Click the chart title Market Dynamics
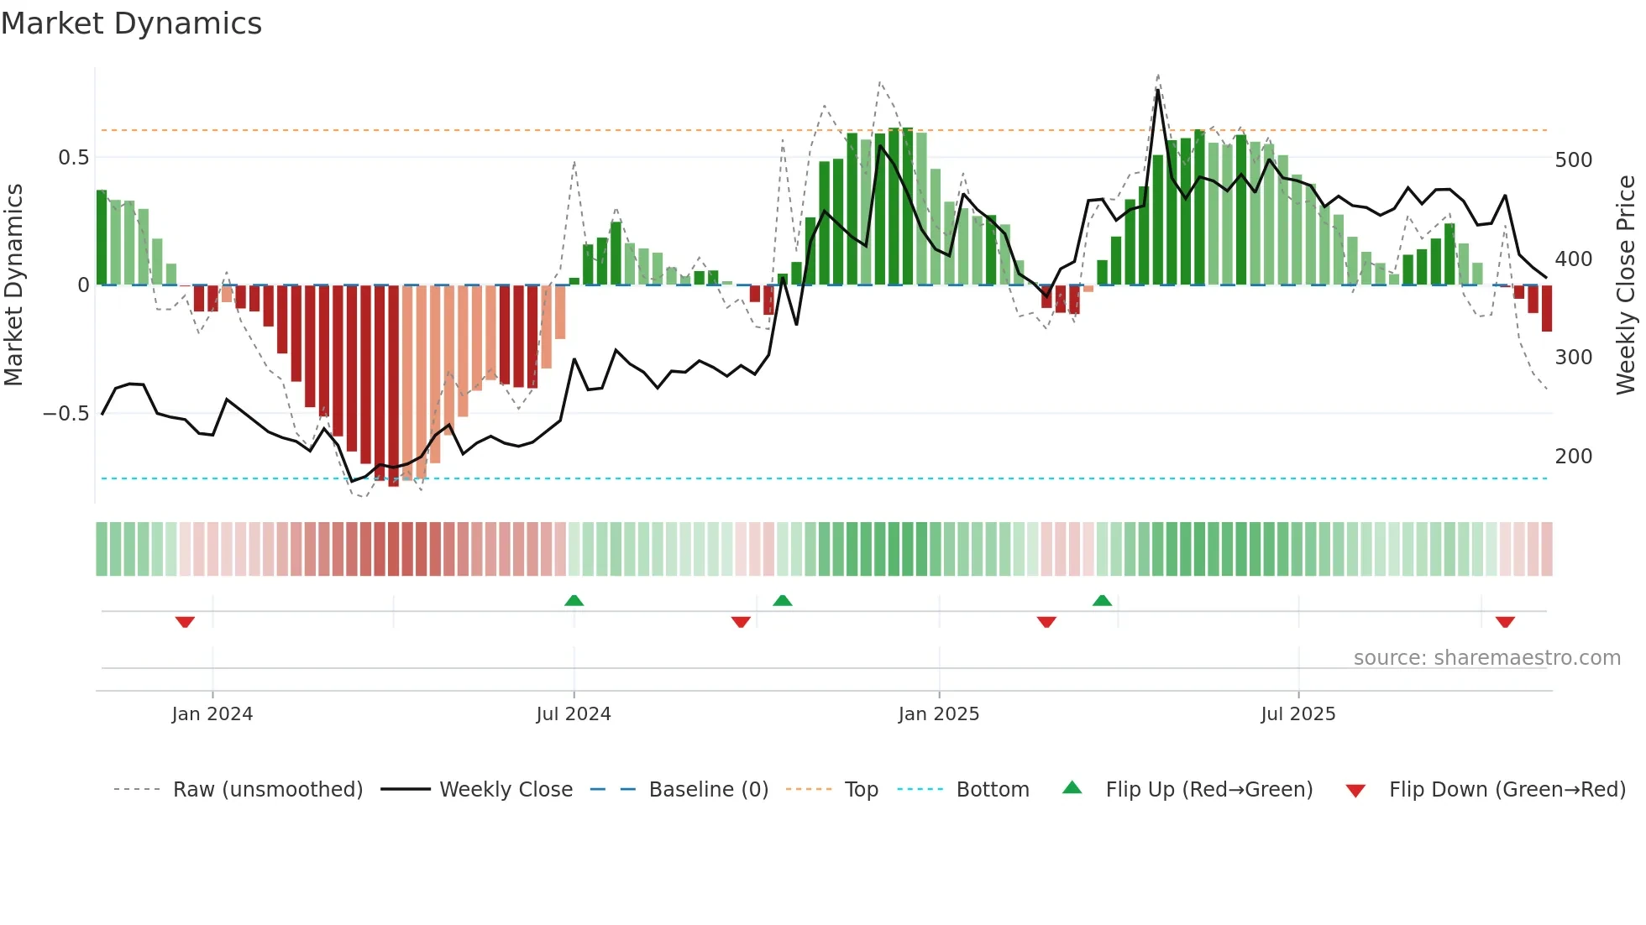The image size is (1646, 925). (x=132, y=24)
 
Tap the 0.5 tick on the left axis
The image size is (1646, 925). (x=73, y=158)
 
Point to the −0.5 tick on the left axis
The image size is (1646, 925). (x=66, y=413)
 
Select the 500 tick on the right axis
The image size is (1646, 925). (x=1573, y=160)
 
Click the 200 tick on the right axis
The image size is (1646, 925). (x=1573, y=457)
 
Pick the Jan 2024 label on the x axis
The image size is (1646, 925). (x=212, y=714)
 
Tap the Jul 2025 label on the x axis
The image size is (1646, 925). (x=1297, y=714)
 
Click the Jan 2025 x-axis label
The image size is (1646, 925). (x=938, y=714)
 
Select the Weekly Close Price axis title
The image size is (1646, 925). (x=1626, y=285)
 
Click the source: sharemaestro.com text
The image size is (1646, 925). (x=1486, y=658)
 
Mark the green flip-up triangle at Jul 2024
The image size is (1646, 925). (x=574, y=601)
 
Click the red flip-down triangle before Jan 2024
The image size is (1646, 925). (x=185, y=622)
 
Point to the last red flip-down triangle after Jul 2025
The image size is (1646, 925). (x=1505, y=622)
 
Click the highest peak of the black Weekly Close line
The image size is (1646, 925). (x=1158, y=91)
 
